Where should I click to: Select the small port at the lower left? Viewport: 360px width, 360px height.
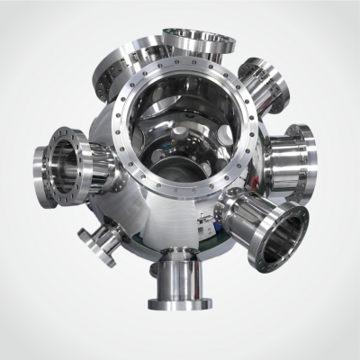coord(94,245)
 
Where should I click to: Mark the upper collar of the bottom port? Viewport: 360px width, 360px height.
coord(177,264)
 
